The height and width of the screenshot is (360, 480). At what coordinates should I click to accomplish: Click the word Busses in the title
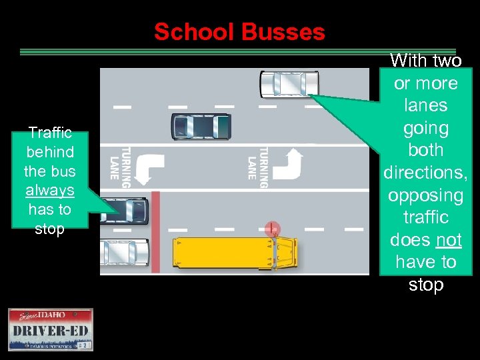[x=283, y=31]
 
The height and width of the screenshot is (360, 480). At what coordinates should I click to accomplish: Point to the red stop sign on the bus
[x=271, y=229]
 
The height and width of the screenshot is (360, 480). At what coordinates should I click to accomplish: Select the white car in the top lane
[x=289, y=84]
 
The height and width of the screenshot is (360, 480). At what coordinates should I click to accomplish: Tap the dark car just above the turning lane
[x=201, y=125]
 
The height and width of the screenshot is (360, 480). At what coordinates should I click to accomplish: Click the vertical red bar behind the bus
[x=155, y=231]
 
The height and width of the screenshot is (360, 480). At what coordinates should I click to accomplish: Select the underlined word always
[x=50, y=190]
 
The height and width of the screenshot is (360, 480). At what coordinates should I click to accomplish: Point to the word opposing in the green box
[x=425, y=195]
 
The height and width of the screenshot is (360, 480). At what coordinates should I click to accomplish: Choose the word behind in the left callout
[x=50, y=151]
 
